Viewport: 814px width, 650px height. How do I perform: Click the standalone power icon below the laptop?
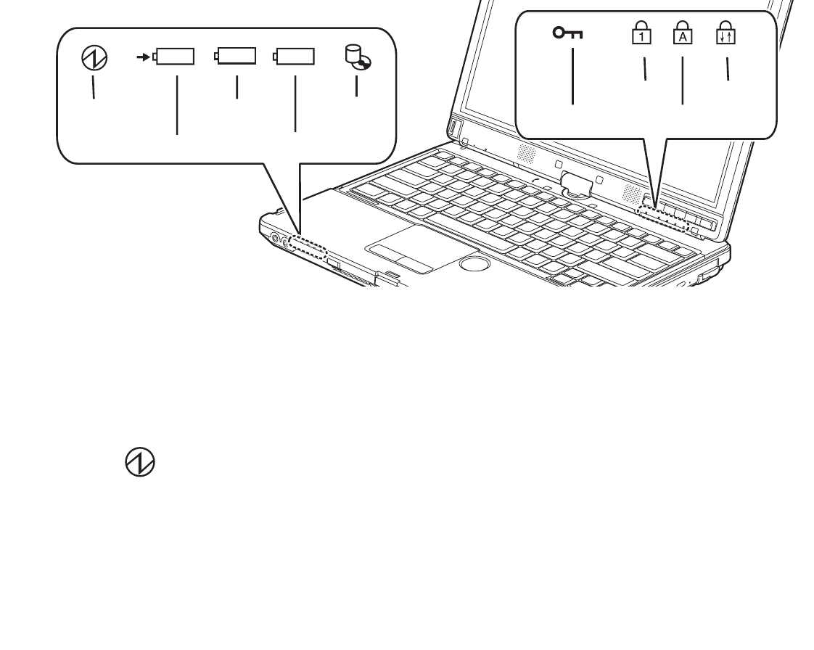pos(140,461)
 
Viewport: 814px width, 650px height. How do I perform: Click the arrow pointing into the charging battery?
pos(144,56)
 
